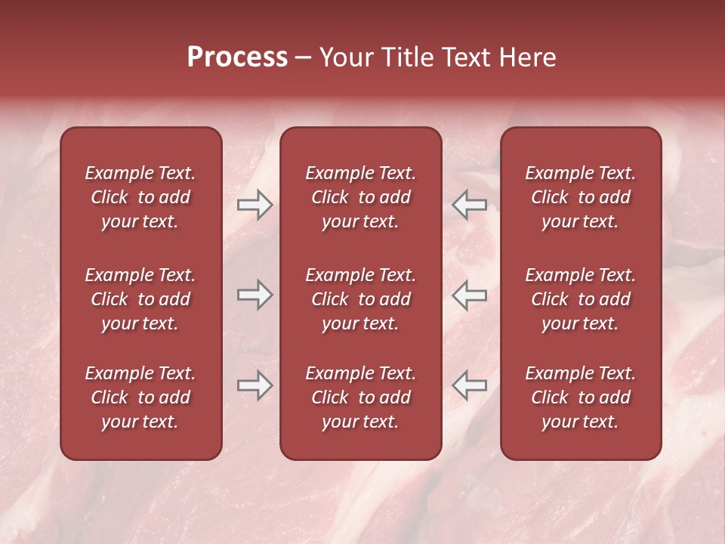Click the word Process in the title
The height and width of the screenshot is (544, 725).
click(x=237, y=57)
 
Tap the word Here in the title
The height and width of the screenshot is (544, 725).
click(x=527, y=57)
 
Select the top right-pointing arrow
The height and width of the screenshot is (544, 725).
click(x=255, y=205)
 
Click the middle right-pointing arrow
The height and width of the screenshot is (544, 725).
click(x=255, y=295)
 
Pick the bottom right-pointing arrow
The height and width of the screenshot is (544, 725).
click(x=255, y=385)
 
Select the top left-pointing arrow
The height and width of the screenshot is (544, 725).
click(x=469, y=205)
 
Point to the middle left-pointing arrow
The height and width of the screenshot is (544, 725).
click(x=469, y=295)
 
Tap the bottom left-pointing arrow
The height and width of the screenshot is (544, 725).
click(x=469, y=385)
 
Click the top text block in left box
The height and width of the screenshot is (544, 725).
click(x=140, y=197)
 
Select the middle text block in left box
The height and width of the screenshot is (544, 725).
click(x=140, y=299)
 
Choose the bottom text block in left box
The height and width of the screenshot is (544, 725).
click(x=140, y=397)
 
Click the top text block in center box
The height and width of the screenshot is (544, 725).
click(x=360, y=197)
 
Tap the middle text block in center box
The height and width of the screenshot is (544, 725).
click(x=360, y=299)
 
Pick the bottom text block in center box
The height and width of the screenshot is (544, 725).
click(x=360, y=397)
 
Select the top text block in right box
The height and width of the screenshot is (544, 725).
click(x=580, y=197)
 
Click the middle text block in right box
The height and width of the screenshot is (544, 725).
click(x=580, y=299)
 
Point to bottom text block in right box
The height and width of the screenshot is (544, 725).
click(x=580, y=397)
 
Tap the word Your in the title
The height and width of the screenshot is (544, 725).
click(x=345, y=57)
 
